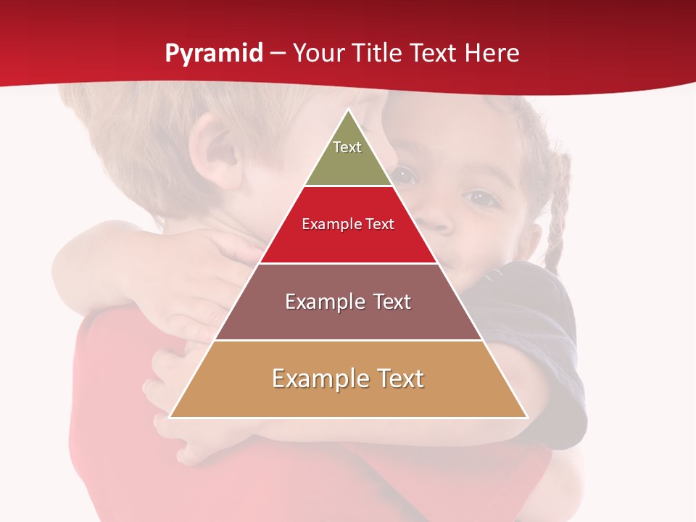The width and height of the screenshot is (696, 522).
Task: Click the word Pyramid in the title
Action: (214, 54)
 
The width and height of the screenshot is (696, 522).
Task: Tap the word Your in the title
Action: (320, 54)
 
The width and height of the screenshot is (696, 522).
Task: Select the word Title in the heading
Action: (378, 54)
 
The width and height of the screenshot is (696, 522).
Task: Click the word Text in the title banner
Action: (434, 54)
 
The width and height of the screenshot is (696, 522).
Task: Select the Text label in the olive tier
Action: (347, 147)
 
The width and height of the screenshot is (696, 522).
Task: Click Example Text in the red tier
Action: (348, 224)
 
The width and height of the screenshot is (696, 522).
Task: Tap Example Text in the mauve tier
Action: (348, 302)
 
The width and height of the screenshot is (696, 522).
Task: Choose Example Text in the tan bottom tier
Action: (348, 378)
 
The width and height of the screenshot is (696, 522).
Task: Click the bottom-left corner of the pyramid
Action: (170, 417)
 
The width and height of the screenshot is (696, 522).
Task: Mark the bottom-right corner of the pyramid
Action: (527, 417)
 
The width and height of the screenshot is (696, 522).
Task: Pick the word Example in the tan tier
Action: (311, 378)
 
